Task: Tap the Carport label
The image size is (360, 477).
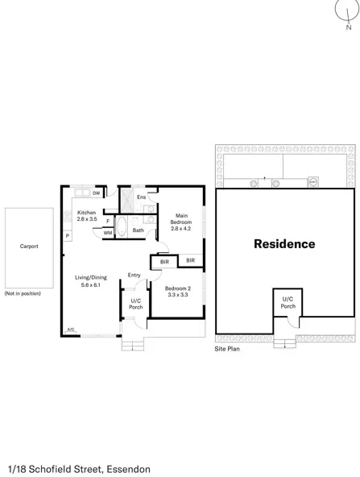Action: [x=28, y=247]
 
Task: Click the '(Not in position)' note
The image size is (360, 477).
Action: [x=21, y=294]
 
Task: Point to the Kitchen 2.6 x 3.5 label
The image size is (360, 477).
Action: [x=86, y=215]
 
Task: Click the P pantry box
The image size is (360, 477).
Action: [x=68, y=235]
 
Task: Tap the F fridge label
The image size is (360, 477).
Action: [x=108, y=220]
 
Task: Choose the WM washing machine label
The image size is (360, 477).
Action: [x=108, y=233]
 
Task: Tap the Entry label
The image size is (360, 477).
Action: [x=134, y=276]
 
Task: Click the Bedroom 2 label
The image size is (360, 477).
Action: [x=177, y=292]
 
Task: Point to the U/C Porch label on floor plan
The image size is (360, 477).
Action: [x=135, y=305]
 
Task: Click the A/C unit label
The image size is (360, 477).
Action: [x=71, y=329]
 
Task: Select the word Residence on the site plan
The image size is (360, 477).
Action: [x=284, y=243]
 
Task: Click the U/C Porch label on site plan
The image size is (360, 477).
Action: [x=288, y=304]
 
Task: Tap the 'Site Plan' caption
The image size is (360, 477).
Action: [x=227, y=350]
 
